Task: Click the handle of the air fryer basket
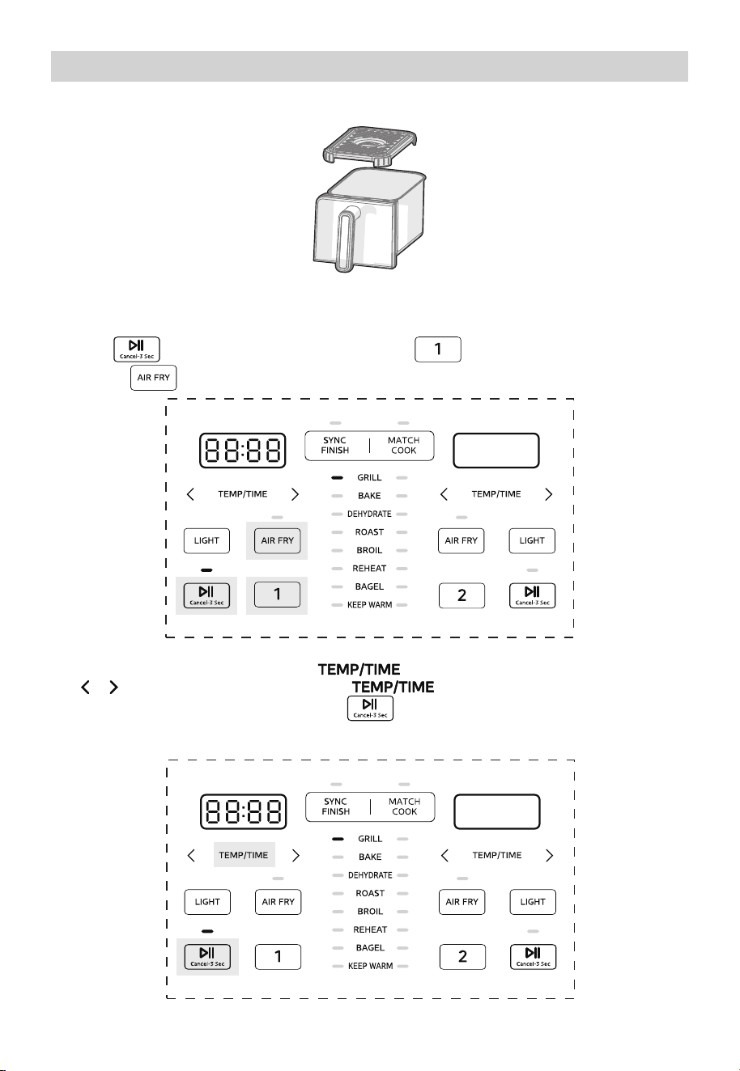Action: coord(345,238)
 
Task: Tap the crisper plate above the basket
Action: coord(370,146)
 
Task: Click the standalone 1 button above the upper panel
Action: coord(438,349)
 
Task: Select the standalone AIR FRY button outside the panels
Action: coord(154,378)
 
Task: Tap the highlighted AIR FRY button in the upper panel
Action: coord(277,541)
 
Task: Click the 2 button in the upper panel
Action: coord(462,595)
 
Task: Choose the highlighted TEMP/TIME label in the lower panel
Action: coord(244,855)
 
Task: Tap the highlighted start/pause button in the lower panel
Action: coord(207,957)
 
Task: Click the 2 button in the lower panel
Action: coord(462,957)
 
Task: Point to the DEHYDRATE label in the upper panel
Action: coord(369,514)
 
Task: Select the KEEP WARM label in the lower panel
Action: coord(371,966)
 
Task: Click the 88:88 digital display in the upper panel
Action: coord(243,451)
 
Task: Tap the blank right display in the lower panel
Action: coord(497,812)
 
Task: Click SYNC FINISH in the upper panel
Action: coord(334,445)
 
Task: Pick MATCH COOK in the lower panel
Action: coord(405,806)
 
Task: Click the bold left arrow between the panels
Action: coord(85,687)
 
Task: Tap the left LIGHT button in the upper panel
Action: coord(206,541)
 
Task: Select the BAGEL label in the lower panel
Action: coord(370,948)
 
